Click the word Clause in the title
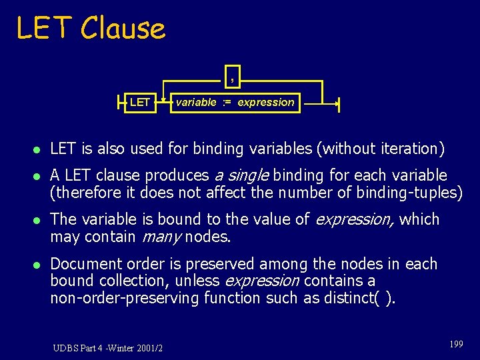click(x=122, y=29)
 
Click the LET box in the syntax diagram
click(x=140, y=103)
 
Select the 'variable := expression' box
click(x=234, y=103)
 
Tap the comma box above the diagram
click(x=231, y=78)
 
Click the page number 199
click(x=456, y=344)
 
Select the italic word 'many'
click(x=159, y=237)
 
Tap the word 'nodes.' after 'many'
click(x=208, y=237)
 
